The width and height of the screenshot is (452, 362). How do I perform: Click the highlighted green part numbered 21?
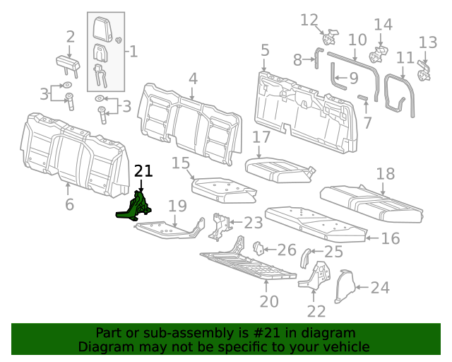click(x=136, y=207)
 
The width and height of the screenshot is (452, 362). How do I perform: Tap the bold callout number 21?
click(x=143, y=170)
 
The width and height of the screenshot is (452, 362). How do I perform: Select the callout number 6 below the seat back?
click(x=69, y=205)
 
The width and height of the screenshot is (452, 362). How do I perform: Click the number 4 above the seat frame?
click(x=193, y=79)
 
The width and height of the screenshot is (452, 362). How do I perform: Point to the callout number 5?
click(x=265, y=50)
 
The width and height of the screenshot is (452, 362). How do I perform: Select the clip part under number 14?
click(x=379, y=52)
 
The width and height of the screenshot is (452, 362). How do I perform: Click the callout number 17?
click(x=261, y=137)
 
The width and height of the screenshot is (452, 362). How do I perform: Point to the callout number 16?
click(x=390, y=238)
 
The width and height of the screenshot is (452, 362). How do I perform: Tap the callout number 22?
click(x=316, y=311)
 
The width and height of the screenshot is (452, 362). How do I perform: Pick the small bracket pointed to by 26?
click(x=258, y=249)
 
